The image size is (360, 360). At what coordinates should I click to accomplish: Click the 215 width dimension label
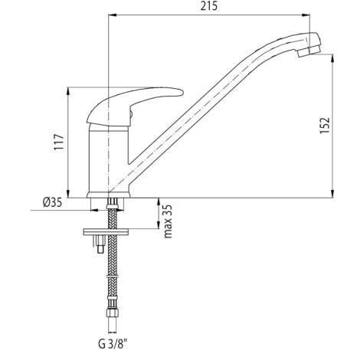209,6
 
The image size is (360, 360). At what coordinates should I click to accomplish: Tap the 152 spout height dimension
325,126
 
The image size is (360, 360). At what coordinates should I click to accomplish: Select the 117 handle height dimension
59,142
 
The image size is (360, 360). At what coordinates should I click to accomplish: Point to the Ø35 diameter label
52,202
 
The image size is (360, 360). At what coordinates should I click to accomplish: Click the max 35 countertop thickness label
169,221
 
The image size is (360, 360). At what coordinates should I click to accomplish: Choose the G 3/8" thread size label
113,344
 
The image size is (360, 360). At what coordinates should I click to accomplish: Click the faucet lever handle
135,106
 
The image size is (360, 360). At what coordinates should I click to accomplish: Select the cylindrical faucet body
108,159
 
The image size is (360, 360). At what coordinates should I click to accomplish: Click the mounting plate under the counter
106,232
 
